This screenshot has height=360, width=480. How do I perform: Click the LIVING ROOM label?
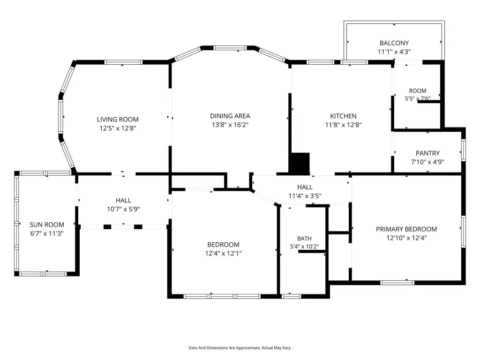[x=118, y=120]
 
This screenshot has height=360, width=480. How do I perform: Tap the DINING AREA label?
[x=230, y=116]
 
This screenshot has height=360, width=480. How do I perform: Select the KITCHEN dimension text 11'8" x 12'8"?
[x=343, y=125]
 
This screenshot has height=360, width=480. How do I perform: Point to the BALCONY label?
[x=394, y=43]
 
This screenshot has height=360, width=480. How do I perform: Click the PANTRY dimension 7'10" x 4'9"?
[x=427, y=162]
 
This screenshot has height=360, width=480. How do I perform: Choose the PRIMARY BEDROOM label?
[x=406, y=229]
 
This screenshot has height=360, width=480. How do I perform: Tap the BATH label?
[x=304, y=239]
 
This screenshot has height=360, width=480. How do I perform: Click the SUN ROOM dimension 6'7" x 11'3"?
[x=46, y=233]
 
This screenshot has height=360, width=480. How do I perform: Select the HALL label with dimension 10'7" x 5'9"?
[x=123, y=200]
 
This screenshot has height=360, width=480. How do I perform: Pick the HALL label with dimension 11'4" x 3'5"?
[x=305, y=187]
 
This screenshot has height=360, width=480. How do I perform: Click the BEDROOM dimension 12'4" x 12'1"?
[x=223, y=253]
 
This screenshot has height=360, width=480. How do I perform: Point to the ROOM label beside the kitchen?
[x=418, y=90]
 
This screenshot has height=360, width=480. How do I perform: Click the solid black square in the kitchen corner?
[x=300, y=163]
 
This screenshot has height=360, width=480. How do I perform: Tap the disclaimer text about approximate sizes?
[x=240, y=348]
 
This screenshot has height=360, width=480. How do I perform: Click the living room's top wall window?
[x=123, y=62]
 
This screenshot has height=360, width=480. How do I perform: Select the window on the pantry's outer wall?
[x=464, y=150]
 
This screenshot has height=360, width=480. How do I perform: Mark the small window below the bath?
[x=291, y=296]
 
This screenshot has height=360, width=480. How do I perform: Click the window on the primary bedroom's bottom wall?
[x=397, y=283]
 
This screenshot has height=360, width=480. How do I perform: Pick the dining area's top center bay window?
[x=230, y=48]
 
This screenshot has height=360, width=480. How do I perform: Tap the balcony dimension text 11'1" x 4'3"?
[x=394, y=52]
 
